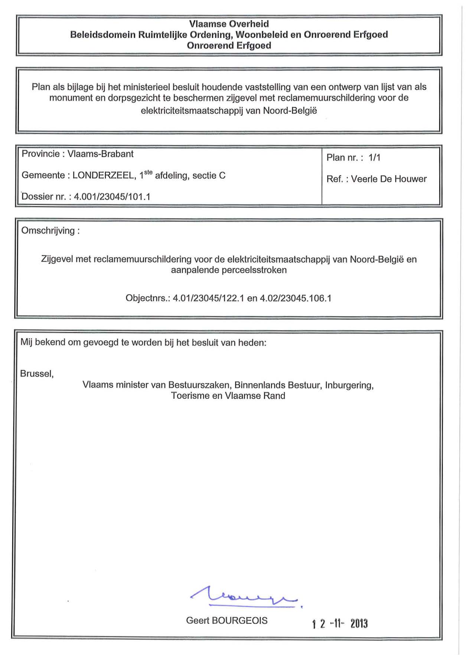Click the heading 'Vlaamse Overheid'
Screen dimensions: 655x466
coord(229,24)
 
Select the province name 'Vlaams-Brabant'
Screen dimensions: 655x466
coord(100,154)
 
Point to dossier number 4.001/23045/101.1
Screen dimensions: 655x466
coord(112,197)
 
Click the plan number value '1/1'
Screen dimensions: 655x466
coord(374,158)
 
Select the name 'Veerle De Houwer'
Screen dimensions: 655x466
coord(389,179)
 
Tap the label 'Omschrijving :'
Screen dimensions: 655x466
coord(50,231)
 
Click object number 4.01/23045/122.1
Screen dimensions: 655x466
coord(208,298)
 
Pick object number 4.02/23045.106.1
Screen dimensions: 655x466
coord(296,298)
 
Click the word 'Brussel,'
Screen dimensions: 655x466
coord(37,374)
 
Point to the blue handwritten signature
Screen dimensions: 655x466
coord(245,596)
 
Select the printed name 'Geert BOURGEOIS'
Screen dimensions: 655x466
coord(227,620)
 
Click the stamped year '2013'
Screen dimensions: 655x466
coord(359,623)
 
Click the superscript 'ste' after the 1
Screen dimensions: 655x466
coord(148,172)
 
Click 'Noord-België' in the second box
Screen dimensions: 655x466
coord(290,111)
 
